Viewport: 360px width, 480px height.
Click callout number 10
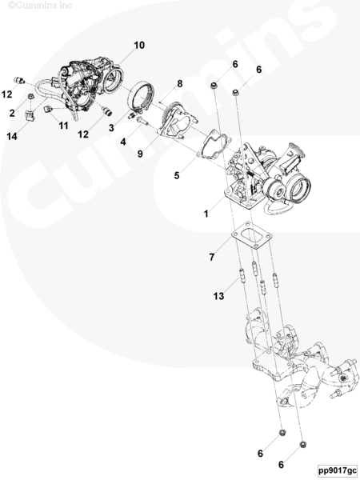139,46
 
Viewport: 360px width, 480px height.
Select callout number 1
206,214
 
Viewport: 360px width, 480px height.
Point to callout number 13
218,296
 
